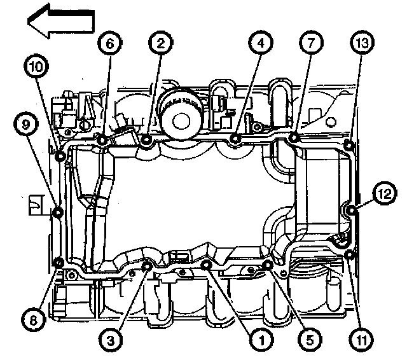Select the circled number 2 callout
pos(160,44)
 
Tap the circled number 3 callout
pos(111,340)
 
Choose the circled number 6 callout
pos(108,44)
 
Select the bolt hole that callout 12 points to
pos(350,209)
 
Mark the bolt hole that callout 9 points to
pos(58,212)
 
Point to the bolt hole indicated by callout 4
pos(236,139)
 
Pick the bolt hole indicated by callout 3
pos(147,265)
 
